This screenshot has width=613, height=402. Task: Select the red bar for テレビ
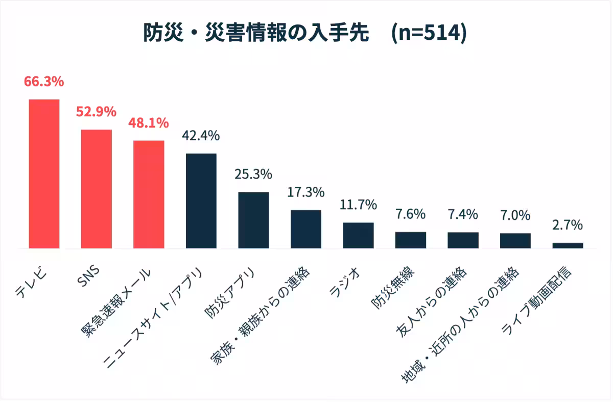pos(44,173)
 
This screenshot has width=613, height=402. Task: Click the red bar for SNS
pos(97,189)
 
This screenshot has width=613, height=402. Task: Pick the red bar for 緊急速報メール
pos(149,194)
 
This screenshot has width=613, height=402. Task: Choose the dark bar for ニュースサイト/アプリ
pos(201,200)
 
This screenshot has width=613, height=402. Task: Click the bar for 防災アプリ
pos(253,220)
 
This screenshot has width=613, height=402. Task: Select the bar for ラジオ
pos(358,235)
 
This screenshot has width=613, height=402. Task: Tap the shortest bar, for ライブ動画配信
pos(568,245)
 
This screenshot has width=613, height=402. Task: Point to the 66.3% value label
pos(44,81)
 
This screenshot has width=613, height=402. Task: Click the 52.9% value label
pos(97,112)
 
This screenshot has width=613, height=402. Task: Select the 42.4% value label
pos(201,136)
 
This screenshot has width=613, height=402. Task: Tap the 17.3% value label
pos(306,192)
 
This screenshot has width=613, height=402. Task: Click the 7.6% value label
pos(411,214)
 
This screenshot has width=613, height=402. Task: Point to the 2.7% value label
pos(568,225)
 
